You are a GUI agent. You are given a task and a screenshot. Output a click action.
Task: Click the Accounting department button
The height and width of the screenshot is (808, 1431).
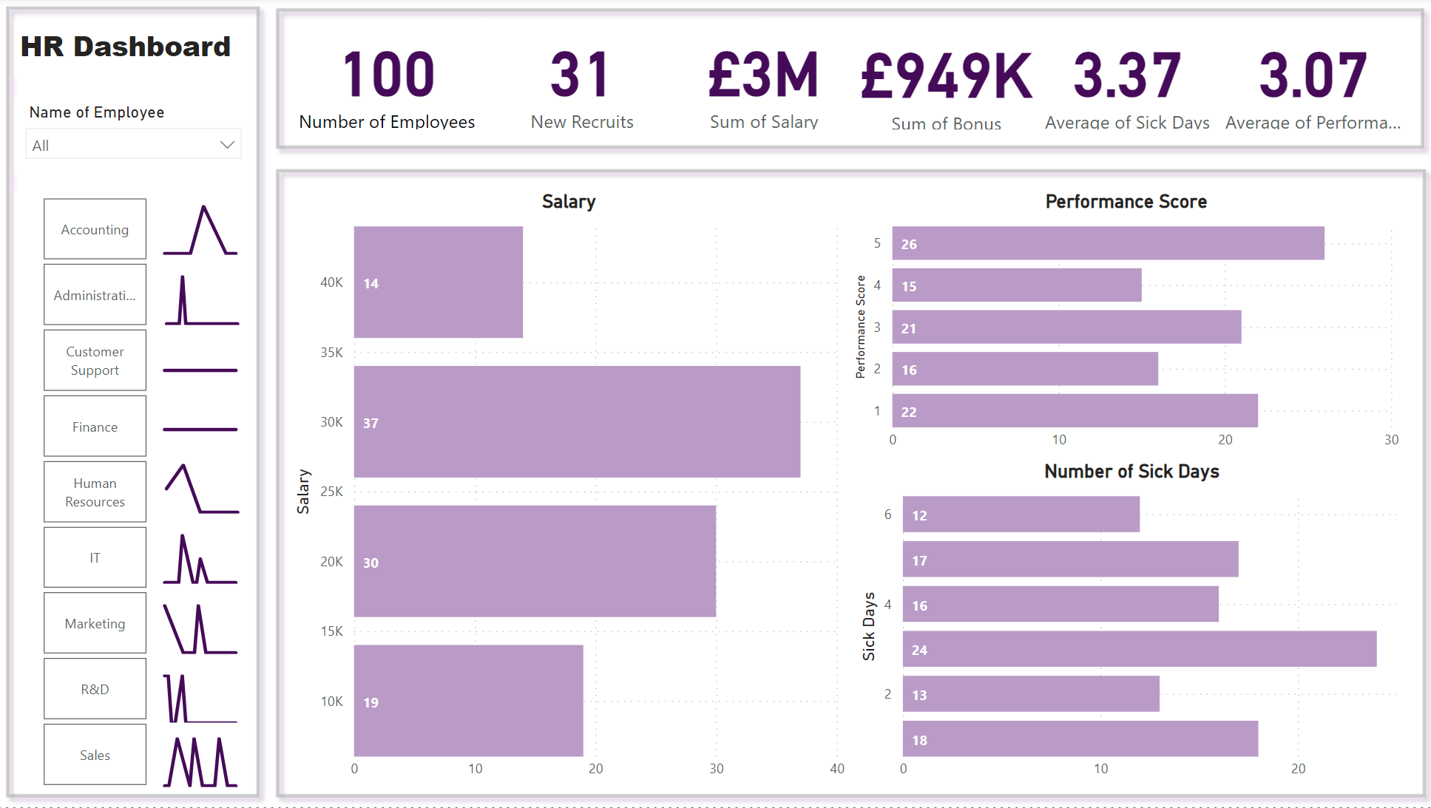(x=95, y=229)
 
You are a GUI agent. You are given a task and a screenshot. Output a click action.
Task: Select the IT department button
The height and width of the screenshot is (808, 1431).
(x=95, y=557)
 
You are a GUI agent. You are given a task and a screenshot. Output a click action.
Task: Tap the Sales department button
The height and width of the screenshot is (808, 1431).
(x=95, y=755)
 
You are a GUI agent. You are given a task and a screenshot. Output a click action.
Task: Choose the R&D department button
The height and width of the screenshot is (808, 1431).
(x=95, y=689)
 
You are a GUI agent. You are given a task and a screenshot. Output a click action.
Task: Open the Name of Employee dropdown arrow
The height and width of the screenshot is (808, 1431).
(x=227, y=145)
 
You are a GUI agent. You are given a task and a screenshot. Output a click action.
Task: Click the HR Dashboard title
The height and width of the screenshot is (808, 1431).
(x=126, y=47)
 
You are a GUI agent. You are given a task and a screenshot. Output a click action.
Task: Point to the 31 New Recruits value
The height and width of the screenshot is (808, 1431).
(x=581, y=75)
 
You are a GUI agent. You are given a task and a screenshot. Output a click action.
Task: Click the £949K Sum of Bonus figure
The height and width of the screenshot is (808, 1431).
(x=946, y=76)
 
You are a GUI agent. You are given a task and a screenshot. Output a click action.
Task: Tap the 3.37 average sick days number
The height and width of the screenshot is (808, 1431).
(x=1126, y=75)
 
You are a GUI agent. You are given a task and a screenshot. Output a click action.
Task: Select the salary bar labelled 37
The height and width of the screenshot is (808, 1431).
(x=577, y=422)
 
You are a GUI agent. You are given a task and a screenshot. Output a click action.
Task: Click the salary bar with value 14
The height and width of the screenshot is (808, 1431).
(x=438, y=282)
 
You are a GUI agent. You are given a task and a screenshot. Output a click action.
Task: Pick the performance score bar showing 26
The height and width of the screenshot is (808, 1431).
(x=1108, y=243)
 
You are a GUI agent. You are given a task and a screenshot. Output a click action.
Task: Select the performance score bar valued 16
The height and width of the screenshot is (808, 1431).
(x=1025, y=369)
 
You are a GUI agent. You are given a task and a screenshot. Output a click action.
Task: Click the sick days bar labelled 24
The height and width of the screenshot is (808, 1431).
(x=1139, y=649)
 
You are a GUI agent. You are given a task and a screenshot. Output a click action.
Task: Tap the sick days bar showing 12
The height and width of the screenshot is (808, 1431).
(x=1021, y=515)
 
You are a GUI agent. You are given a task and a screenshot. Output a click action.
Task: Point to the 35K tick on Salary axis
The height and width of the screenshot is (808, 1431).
(x=331, y=353)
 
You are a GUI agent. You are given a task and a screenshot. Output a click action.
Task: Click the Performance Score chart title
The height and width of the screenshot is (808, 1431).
(x=1126, y=202)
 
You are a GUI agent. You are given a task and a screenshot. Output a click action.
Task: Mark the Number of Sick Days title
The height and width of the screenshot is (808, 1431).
(x=1131, y=472)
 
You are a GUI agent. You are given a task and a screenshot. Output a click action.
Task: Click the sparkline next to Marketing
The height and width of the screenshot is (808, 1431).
(x=200, y=629)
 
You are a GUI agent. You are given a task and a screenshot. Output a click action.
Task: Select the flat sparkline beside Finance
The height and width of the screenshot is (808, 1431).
(x=200, y=429)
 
